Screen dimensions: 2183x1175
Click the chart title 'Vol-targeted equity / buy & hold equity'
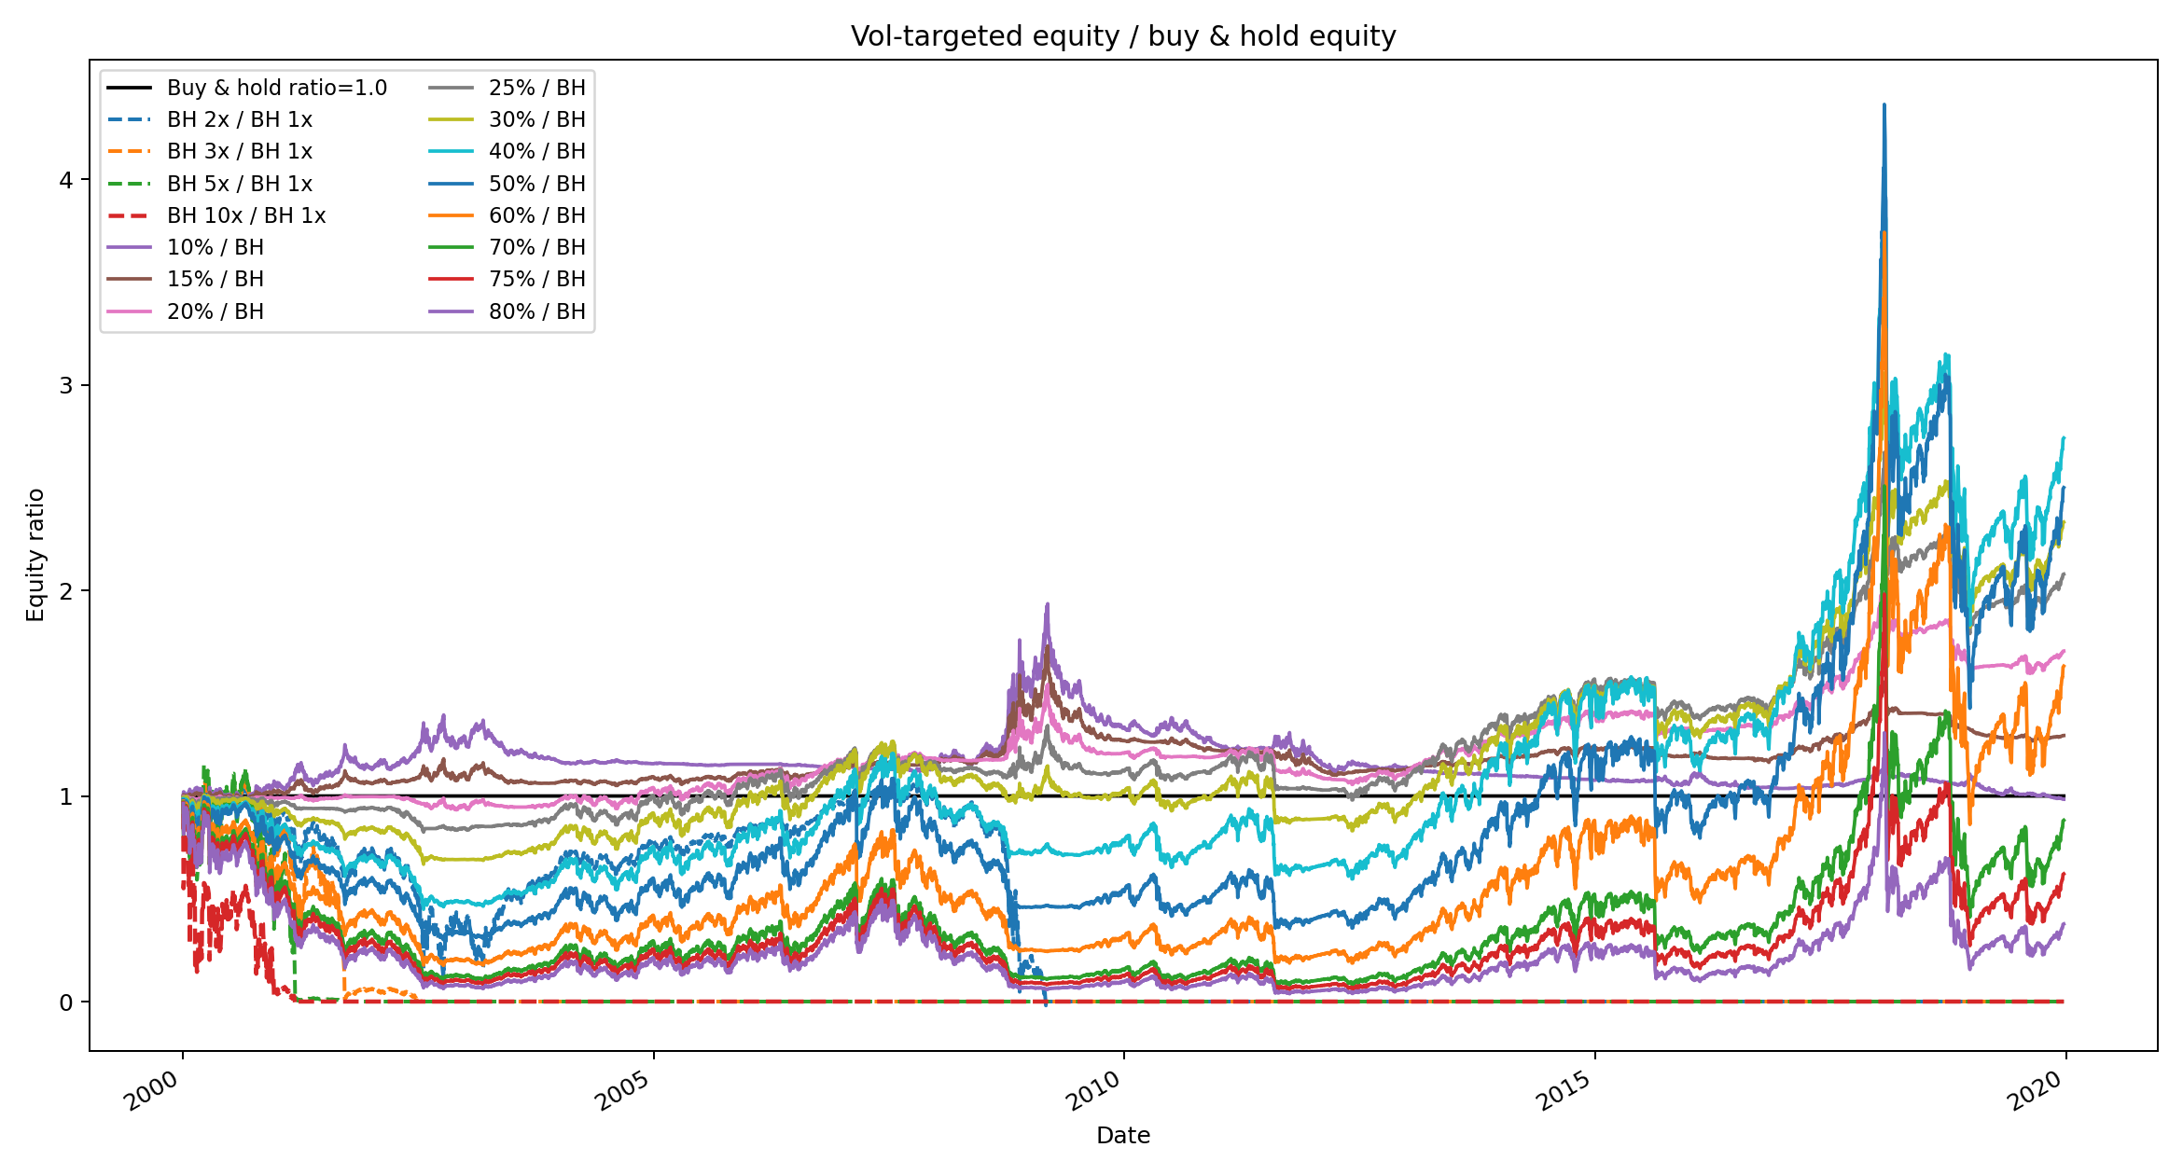pos(1123,36)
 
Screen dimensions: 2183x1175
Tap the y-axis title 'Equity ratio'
pos(35,555)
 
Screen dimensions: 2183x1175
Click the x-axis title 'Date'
pos(1123,1135)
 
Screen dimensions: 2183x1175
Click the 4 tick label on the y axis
pos(65,180)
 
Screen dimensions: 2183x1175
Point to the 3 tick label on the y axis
pos(65,385)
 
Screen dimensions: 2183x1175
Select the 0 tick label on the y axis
pos(65,1002)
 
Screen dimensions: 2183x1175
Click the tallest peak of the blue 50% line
pos(1884,104)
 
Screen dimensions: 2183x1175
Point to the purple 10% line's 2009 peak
pos(1048,603)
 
